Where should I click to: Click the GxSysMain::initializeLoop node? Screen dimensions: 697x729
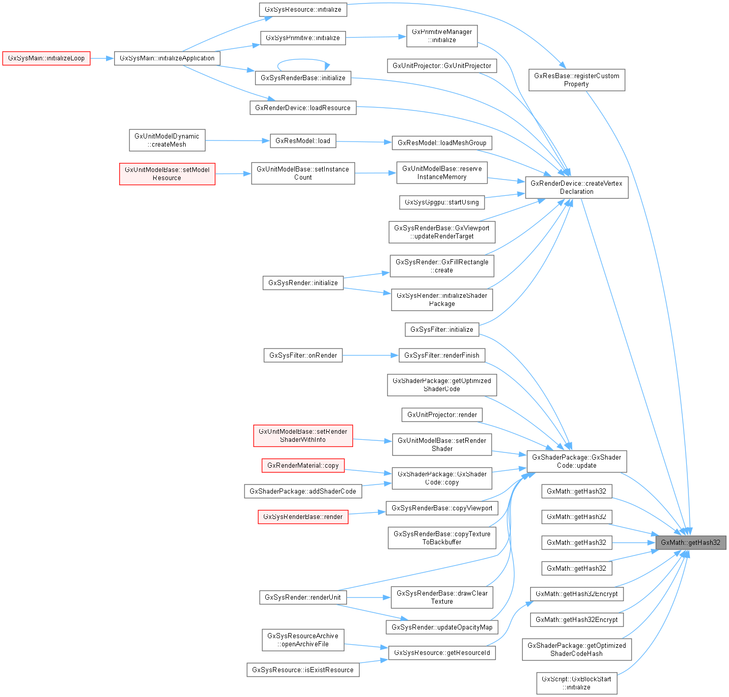46,58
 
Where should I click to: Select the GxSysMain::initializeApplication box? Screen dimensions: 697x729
167,58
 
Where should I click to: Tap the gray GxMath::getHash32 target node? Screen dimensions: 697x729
690,542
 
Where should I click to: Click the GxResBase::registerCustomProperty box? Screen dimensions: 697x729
576,80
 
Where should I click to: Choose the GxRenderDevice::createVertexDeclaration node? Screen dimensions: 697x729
576,188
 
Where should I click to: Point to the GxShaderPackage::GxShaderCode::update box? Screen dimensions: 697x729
576,462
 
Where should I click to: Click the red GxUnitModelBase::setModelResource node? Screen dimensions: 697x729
167,174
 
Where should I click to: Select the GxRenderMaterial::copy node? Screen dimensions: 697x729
303,466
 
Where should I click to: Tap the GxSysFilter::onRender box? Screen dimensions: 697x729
303,356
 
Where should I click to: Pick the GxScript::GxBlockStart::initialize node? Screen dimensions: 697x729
576,683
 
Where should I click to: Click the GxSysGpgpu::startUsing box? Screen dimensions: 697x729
441,202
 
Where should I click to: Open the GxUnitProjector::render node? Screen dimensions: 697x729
442,415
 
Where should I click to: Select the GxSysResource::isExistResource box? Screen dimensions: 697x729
303,670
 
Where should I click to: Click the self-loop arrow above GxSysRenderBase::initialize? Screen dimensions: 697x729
303,59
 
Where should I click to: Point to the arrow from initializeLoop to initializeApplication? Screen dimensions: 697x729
102,58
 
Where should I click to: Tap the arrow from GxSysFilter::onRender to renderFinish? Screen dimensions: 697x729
370,356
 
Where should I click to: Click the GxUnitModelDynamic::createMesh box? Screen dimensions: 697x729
167,141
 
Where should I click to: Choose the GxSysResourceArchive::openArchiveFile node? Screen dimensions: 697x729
303,640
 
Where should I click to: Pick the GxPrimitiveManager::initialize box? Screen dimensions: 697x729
441,36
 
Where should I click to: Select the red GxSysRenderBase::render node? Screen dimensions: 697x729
303,517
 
